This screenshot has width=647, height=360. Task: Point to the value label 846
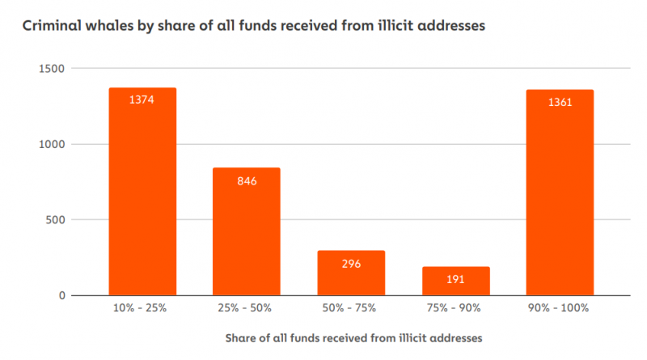[x=247, y=180]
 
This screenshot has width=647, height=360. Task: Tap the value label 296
[x=351, y=264]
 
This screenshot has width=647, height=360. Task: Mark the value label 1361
[x=560, y=102]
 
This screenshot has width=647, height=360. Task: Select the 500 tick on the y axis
[x=56, y=219]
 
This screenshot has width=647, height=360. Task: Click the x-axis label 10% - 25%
[x=142, y=308]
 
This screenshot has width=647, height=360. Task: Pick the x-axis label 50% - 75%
[x=351, y=308]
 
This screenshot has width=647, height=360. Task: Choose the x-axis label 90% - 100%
[x=560, y=308]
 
